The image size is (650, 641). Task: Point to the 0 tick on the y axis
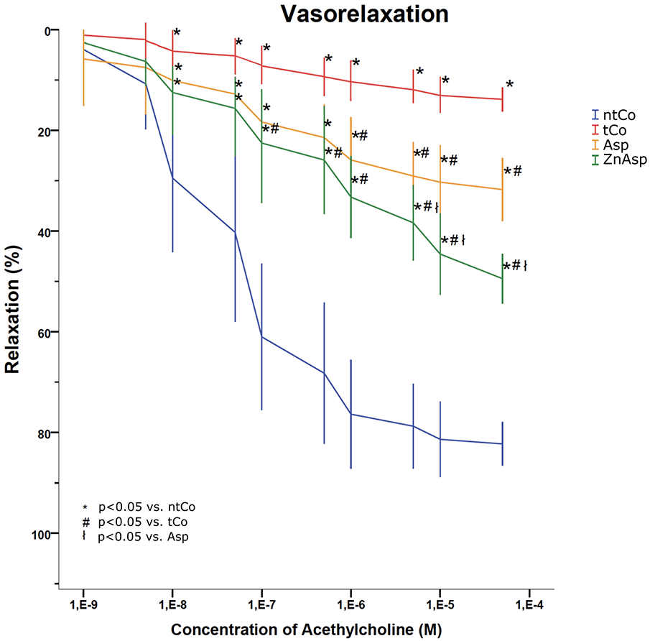click(47, 30)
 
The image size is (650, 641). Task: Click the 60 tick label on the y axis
click(44, 332)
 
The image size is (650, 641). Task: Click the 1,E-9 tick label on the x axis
click(84, 601)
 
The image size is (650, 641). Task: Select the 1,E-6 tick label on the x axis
click(350, 601)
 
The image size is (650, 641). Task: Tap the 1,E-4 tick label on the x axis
click(529, 601)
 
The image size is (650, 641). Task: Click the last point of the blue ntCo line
click(502, 444)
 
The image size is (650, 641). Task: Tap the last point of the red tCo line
click(502, 99)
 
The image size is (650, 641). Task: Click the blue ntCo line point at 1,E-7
click(261, 337)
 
